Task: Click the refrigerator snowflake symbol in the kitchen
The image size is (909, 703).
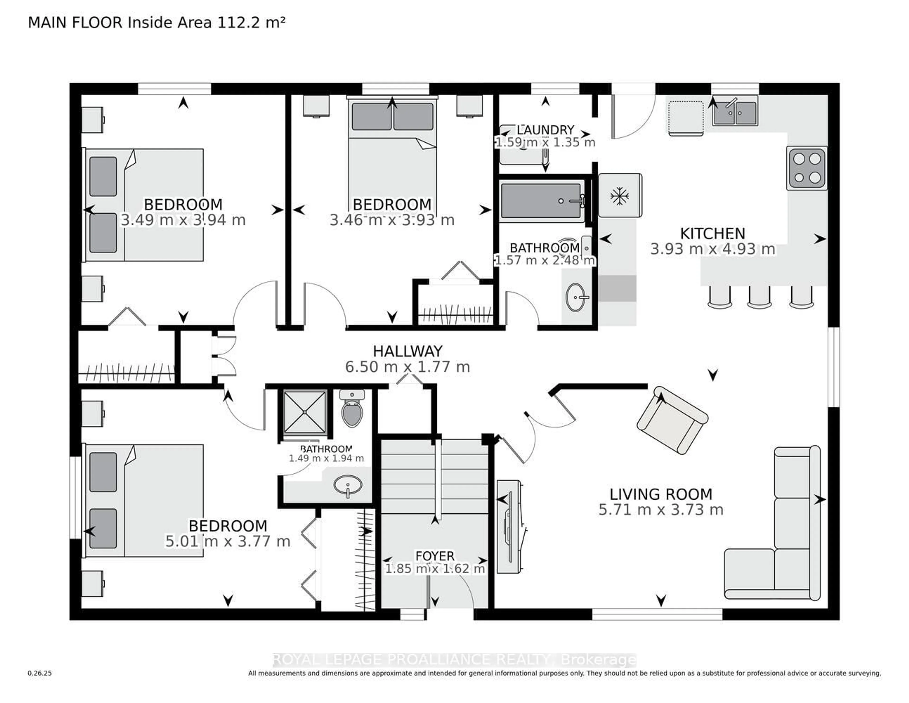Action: (x=619, y=196)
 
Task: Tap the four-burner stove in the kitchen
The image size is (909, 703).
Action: (x=806, y=168)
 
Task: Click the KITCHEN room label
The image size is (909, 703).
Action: (x=713, y=233)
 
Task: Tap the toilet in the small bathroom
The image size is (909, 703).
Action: (x=352, y=410)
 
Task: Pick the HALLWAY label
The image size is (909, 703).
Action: (x=407, y=351)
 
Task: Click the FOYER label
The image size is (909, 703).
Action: (x=435, y=556)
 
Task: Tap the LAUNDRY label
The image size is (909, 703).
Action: (x=545, y=130)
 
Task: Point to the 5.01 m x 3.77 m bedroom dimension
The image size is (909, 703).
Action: (x=228, y=541)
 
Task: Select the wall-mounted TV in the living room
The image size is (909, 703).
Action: (x=509, y=527)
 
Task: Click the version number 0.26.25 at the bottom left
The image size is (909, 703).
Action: (x=40, y=673)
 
